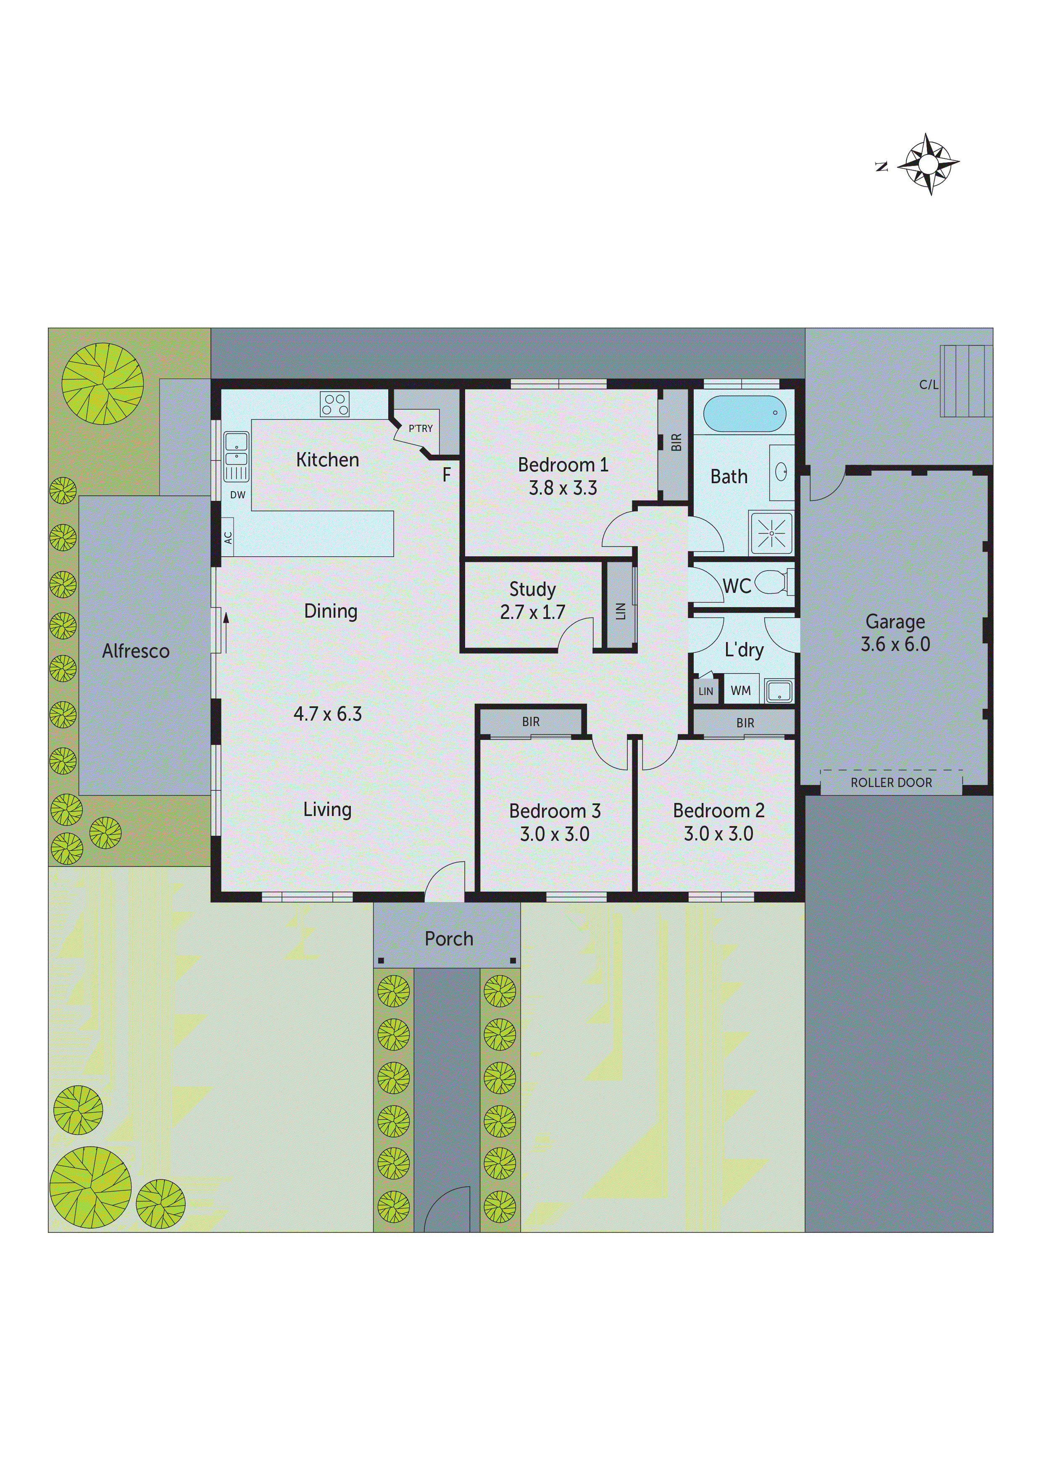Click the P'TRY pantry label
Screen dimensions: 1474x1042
421,428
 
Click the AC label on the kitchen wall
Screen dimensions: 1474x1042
228,537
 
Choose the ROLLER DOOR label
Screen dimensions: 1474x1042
891,782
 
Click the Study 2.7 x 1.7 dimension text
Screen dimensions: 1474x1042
532,612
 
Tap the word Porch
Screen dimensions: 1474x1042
449,939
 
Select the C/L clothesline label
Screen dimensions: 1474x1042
929,384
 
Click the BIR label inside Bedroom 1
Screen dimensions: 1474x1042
676,442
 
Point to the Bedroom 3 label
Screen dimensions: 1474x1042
555,811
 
